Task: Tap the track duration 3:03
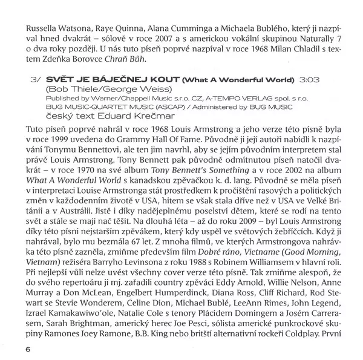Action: tap(309, 79)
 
